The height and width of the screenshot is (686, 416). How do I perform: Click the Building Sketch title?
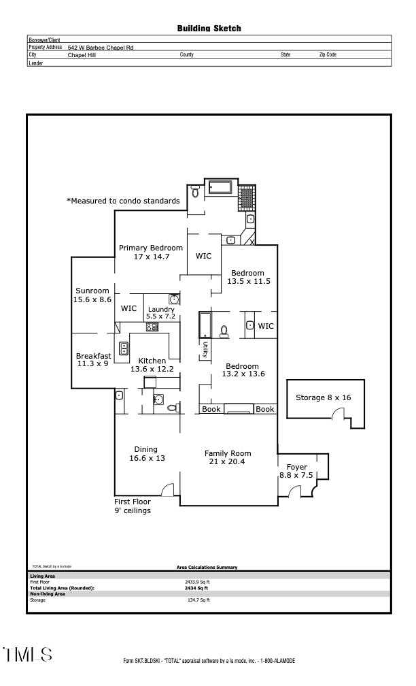point(209,29)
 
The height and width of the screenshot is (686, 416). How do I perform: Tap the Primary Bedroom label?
point(151,252)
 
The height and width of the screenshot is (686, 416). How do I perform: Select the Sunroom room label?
point(92,295)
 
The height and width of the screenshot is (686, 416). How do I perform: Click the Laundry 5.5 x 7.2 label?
point(161,313)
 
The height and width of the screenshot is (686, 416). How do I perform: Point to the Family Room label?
point(228,457)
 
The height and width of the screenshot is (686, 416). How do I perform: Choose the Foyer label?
point(296,471)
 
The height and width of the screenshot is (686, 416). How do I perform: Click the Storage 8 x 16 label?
point(323,397)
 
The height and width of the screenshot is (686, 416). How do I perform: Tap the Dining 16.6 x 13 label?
point(145,453)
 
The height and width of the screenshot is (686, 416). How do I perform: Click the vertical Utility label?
point(205,350)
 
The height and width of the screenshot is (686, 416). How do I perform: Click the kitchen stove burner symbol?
point(152,327)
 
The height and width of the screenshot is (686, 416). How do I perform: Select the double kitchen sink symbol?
point(124,348)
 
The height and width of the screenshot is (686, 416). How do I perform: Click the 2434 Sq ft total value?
point(198,588)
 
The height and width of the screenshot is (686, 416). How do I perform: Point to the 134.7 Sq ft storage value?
point(198,600)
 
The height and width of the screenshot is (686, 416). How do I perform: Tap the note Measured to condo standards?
point(123,201)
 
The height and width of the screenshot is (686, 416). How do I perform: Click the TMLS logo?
point(27,655)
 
